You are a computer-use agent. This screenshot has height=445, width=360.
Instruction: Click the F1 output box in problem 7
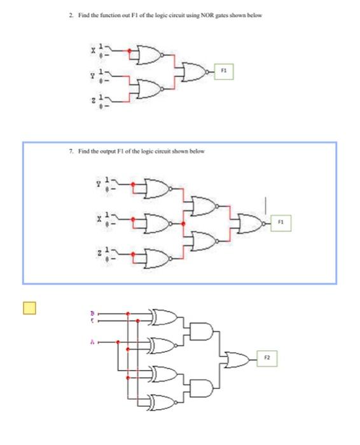pyautogui.click(x=280, y=224)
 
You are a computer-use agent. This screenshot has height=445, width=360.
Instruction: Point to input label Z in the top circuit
pyautogui.click(x=93, y=102)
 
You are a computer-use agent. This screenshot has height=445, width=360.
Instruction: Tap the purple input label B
pyautogui.click(x=93, y=313)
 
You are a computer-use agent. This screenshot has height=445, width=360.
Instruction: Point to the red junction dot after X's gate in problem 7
pyautogui.click(x=183, y=224)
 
